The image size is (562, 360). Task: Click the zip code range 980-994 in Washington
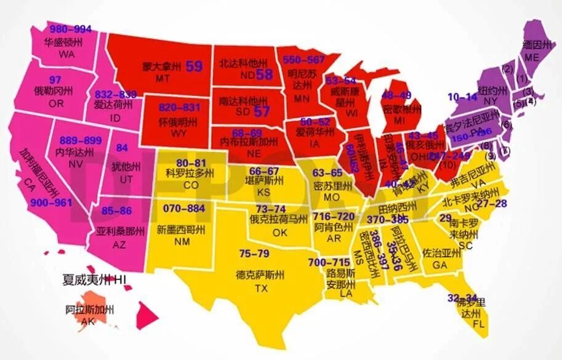tap(70, 29)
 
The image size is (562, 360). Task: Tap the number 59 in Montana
tap(194, 66)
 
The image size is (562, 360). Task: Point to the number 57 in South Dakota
tap(262, 111)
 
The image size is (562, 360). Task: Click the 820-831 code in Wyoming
tap(180, 106)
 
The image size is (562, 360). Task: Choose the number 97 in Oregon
tap(55, 79)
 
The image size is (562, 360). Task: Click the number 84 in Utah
tap(122, 148)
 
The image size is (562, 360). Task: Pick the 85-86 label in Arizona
tap(117, 210)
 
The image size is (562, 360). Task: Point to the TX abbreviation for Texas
tap(262, 288)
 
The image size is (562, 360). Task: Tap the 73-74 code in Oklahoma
tap(271, 209)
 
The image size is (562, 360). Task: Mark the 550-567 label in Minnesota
tap(303, 59)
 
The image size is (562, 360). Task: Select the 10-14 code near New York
tap(462, 97)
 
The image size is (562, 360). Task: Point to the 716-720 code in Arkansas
tap(334, 217)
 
